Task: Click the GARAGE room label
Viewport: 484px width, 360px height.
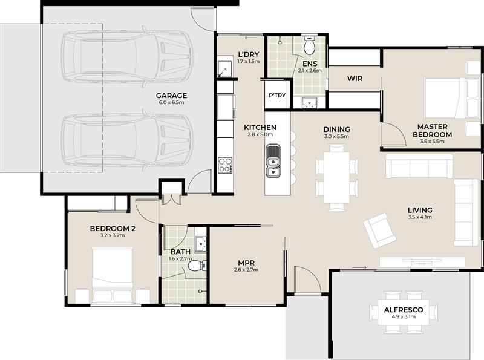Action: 171,96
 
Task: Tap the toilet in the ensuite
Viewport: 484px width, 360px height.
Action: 309,45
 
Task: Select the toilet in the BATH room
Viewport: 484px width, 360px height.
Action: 197,266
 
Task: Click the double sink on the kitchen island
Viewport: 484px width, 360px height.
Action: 273,161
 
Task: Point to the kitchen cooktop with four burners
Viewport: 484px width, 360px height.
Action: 225,165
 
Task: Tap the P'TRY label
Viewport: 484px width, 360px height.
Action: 277,96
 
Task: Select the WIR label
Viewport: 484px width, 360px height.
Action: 355,79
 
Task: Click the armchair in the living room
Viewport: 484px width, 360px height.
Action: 379,231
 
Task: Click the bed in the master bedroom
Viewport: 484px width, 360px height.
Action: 445,98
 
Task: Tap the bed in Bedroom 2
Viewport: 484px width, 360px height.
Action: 113,275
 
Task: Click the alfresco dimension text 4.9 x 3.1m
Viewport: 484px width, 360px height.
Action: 404,317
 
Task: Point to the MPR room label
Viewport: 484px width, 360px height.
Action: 246,263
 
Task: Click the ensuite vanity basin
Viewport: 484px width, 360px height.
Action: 309,102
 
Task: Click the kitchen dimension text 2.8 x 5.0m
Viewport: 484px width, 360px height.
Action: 260,134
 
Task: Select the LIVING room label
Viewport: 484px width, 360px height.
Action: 420,210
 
